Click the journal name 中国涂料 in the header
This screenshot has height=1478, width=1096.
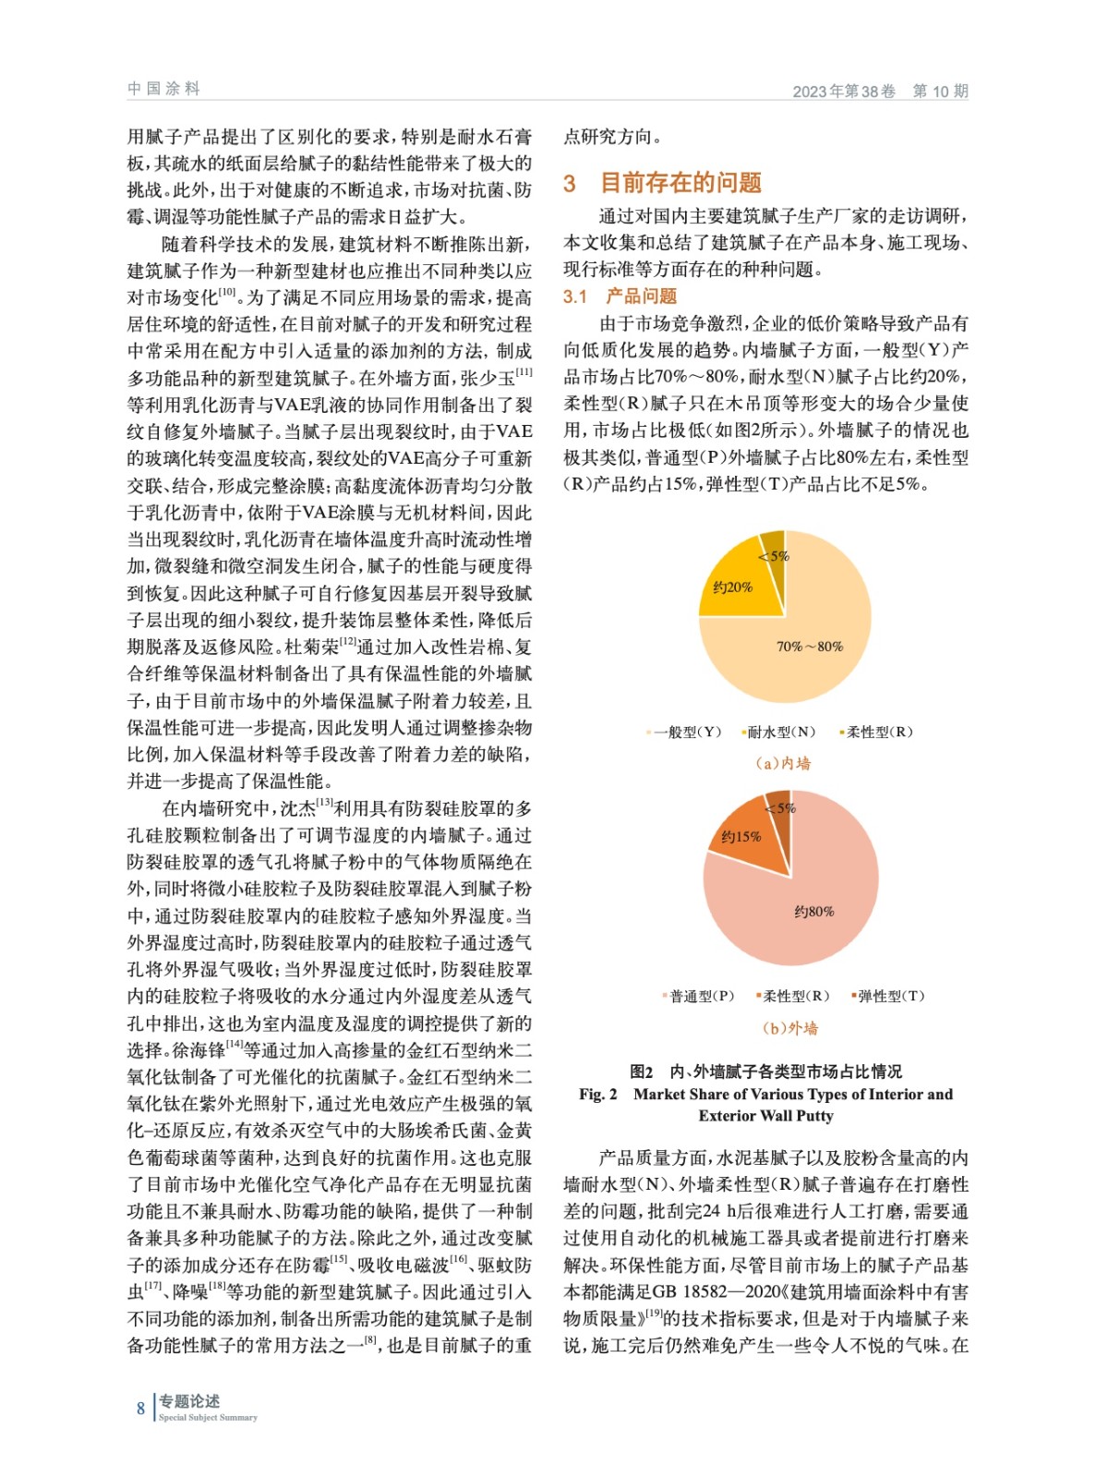click(163, 89)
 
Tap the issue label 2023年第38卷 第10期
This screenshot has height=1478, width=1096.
click(880, 91)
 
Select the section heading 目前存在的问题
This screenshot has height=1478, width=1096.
click(680, 183)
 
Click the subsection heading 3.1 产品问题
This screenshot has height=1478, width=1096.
click(620, 297)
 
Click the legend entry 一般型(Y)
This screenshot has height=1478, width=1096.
click(686, 733)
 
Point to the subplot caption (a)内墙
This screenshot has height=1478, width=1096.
click(783, 763)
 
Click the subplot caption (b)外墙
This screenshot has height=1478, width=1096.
click(790, 1028)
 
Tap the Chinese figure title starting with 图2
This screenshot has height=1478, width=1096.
click(765, 1072)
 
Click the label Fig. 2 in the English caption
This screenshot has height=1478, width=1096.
click(598, 1095)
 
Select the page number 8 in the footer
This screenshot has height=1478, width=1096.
click(141, 1409)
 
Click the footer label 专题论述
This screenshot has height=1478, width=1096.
click(188, 1401)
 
